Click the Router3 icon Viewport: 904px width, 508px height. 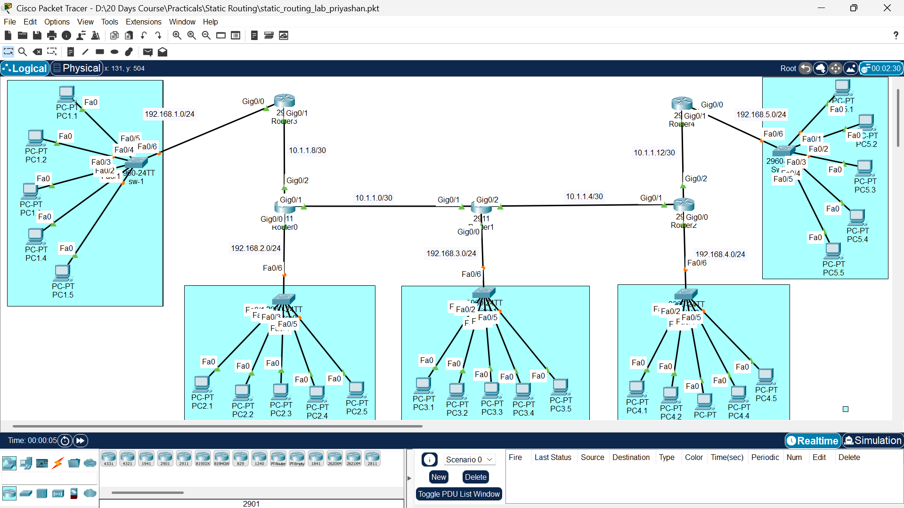pos(284,100)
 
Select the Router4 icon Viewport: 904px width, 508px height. pos(682,103)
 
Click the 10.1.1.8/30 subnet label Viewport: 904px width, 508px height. pos(307,150)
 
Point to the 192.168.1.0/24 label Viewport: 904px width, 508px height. pos(169,114)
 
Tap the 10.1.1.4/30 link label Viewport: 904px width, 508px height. pos(584,196)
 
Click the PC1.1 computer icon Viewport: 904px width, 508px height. pos(66,94)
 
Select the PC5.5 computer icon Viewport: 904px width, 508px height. pos(833,250)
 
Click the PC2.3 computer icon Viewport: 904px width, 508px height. pos(280,391)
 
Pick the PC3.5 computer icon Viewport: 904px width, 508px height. pos(560,387)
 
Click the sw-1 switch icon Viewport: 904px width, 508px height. pos(136,163)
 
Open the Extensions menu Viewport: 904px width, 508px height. pos(143,22)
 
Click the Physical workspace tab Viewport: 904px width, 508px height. pos(77,68)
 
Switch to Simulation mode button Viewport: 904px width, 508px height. pos(872,441)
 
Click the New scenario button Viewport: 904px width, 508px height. pos(438,477)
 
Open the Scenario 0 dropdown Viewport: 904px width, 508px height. pos(469,460)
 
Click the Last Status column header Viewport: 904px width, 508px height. pos(553,457)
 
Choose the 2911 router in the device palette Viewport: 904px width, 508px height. pos(184,458)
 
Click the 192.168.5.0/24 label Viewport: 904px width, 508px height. pos(761,114)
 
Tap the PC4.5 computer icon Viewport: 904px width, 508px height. pos(766,377)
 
